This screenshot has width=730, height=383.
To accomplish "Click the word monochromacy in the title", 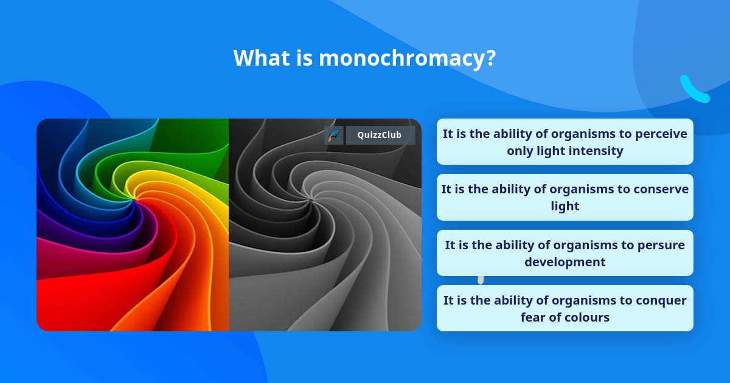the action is (x=402, y=58).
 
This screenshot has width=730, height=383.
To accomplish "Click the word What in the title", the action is (x=262, y=58).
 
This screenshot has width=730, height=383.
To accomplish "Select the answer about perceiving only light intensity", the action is (x=565, y=142).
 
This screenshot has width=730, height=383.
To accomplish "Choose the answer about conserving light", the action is (x=565, y=198).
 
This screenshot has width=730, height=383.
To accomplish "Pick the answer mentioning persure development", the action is (x=565, y=253).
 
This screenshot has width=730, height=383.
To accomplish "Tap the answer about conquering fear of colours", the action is (x=565, y=308).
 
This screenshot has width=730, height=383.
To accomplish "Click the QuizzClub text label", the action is (x=380, y=135).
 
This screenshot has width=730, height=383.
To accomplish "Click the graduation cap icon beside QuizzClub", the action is (x=334, y=135).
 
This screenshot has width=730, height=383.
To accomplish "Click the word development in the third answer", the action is (x=565, y=263).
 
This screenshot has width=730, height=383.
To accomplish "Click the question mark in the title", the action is (x=490, y=58).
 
